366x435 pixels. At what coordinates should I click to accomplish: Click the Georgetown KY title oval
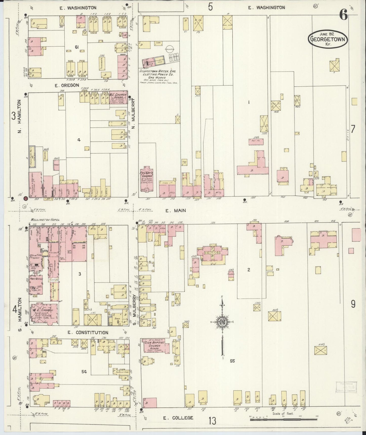328,39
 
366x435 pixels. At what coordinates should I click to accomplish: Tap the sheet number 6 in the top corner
344,16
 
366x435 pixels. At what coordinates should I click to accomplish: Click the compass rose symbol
222,322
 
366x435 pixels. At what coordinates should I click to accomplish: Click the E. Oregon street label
67,85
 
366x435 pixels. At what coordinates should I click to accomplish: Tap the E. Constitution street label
88,332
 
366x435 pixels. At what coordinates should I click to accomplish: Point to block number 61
76,47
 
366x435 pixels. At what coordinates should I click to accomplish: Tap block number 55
232,361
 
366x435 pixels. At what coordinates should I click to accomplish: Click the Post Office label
36,279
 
